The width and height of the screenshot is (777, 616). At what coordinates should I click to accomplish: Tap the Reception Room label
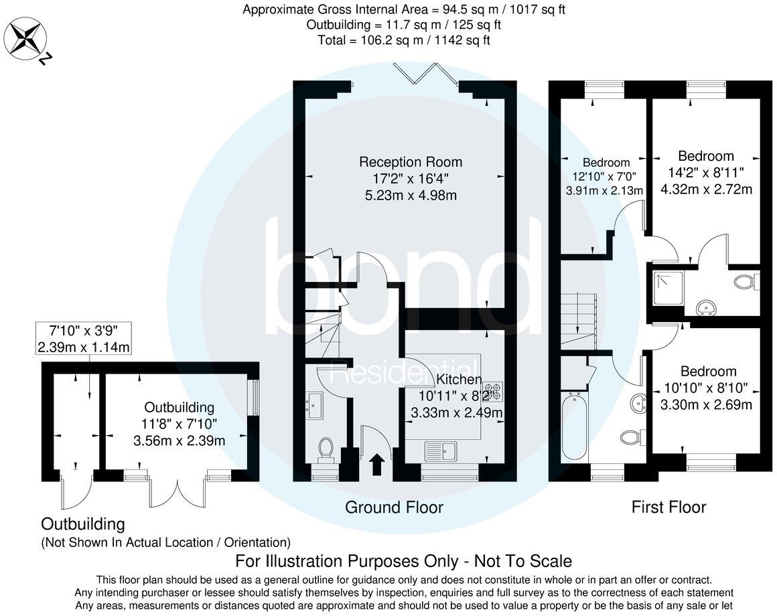click(411, 162)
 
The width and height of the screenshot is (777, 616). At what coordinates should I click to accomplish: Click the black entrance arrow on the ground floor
click(377, 464)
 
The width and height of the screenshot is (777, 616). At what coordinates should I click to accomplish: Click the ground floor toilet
click(326, 449)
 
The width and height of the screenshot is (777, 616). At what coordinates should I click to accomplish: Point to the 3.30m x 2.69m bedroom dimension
click(706, 404)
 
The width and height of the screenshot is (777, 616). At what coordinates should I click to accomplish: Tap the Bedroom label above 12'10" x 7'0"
click(606, 163)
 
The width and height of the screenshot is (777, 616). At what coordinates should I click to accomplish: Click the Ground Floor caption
click(394, 508)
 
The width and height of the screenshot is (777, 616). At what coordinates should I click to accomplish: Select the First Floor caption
click(668, 508)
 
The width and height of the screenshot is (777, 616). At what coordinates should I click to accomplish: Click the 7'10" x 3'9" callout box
click(84, 338)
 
